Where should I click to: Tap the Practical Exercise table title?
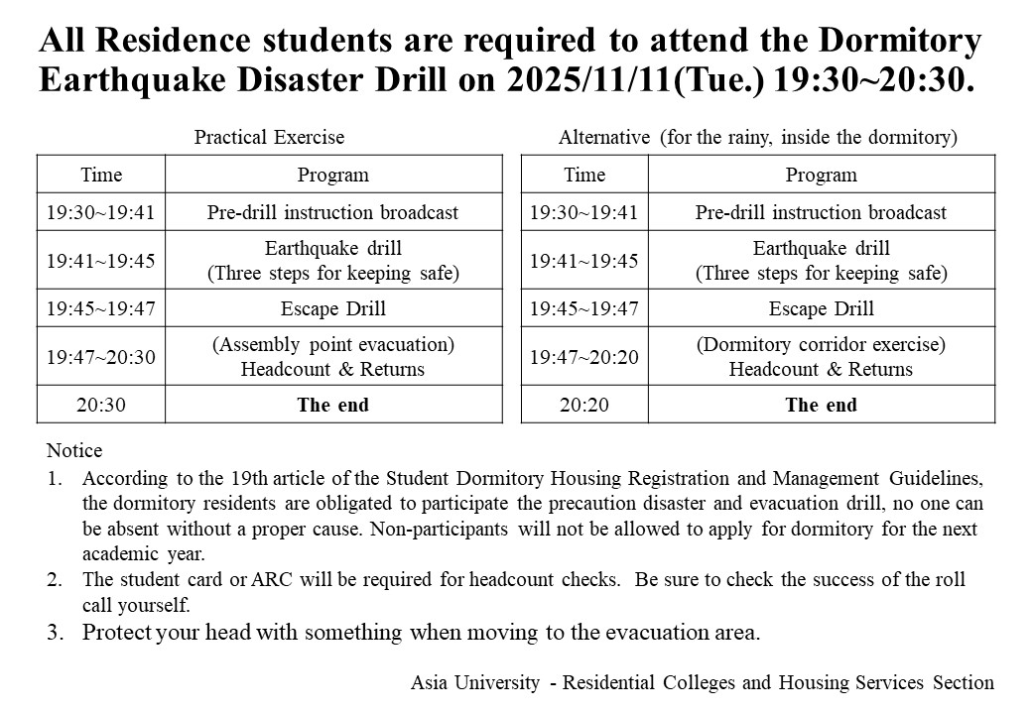[x=269, y=138]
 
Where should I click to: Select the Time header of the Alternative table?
[x=583, y=176]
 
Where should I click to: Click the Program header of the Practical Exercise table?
[x=332, y=176]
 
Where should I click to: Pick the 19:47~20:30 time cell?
[x=101, y=357]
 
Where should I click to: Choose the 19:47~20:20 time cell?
[x=583, y=357]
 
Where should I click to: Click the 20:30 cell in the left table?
[x=101, y=405]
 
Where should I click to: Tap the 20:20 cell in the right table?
[x=583, y=405]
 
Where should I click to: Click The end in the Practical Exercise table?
[x=332, y=405]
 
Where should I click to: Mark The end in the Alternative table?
[x=821, y=405]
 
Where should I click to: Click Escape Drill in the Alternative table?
[x=821, y=308]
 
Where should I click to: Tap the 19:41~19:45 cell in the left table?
[x=101, y=260]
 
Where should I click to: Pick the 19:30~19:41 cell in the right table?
[x=583, y=212]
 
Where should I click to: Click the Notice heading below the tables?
[x=74, y=451]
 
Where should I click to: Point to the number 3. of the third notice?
[x=55, y=632]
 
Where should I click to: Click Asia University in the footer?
[x=475, y=682]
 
